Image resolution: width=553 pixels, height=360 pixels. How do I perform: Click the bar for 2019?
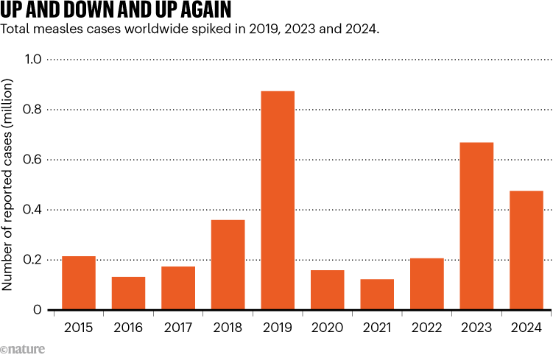[x=278, y=200]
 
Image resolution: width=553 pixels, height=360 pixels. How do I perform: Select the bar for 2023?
[x=476, y=226]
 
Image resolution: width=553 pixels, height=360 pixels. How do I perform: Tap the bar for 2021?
[x=377, y=294]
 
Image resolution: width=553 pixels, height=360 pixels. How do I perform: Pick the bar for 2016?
[x=128, y=293]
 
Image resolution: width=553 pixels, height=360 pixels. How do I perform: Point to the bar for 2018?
[x=228, y=265]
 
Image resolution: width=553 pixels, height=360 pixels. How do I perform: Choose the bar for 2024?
[x=526, y=250]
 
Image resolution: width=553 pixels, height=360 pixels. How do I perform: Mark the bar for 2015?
[x=79, y=283]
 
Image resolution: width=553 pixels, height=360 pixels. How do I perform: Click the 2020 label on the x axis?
[x=327, y=327]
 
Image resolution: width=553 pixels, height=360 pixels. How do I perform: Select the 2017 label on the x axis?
[x=178, y=327]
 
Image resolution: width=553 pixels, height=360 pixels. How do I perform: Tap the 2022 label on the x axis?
[x=427, y=327]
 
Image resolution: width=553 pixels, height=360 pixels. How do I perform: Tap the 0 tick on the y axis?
[x=37, y=310]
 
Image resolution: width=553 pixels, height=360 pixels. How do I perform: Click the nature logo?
[x=21, y=349]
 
